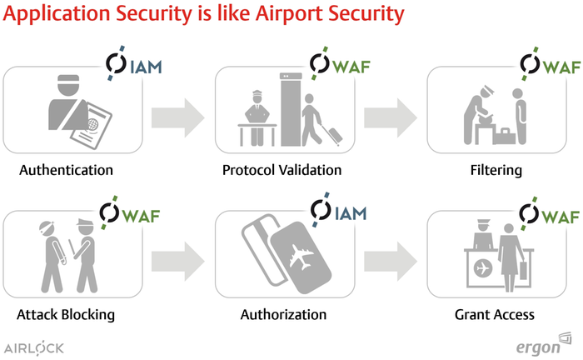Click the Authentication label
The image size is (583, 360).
click(x=66, y=170)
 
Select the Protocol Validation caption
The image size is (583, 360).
click(x=282, y=170)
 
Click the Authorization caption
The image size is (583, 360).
click(x=283, y=315)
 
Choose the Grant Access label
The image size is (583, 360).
click(x=494, y=315)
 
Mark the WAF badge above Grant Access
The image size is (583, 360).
click(x=551, y=212)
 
